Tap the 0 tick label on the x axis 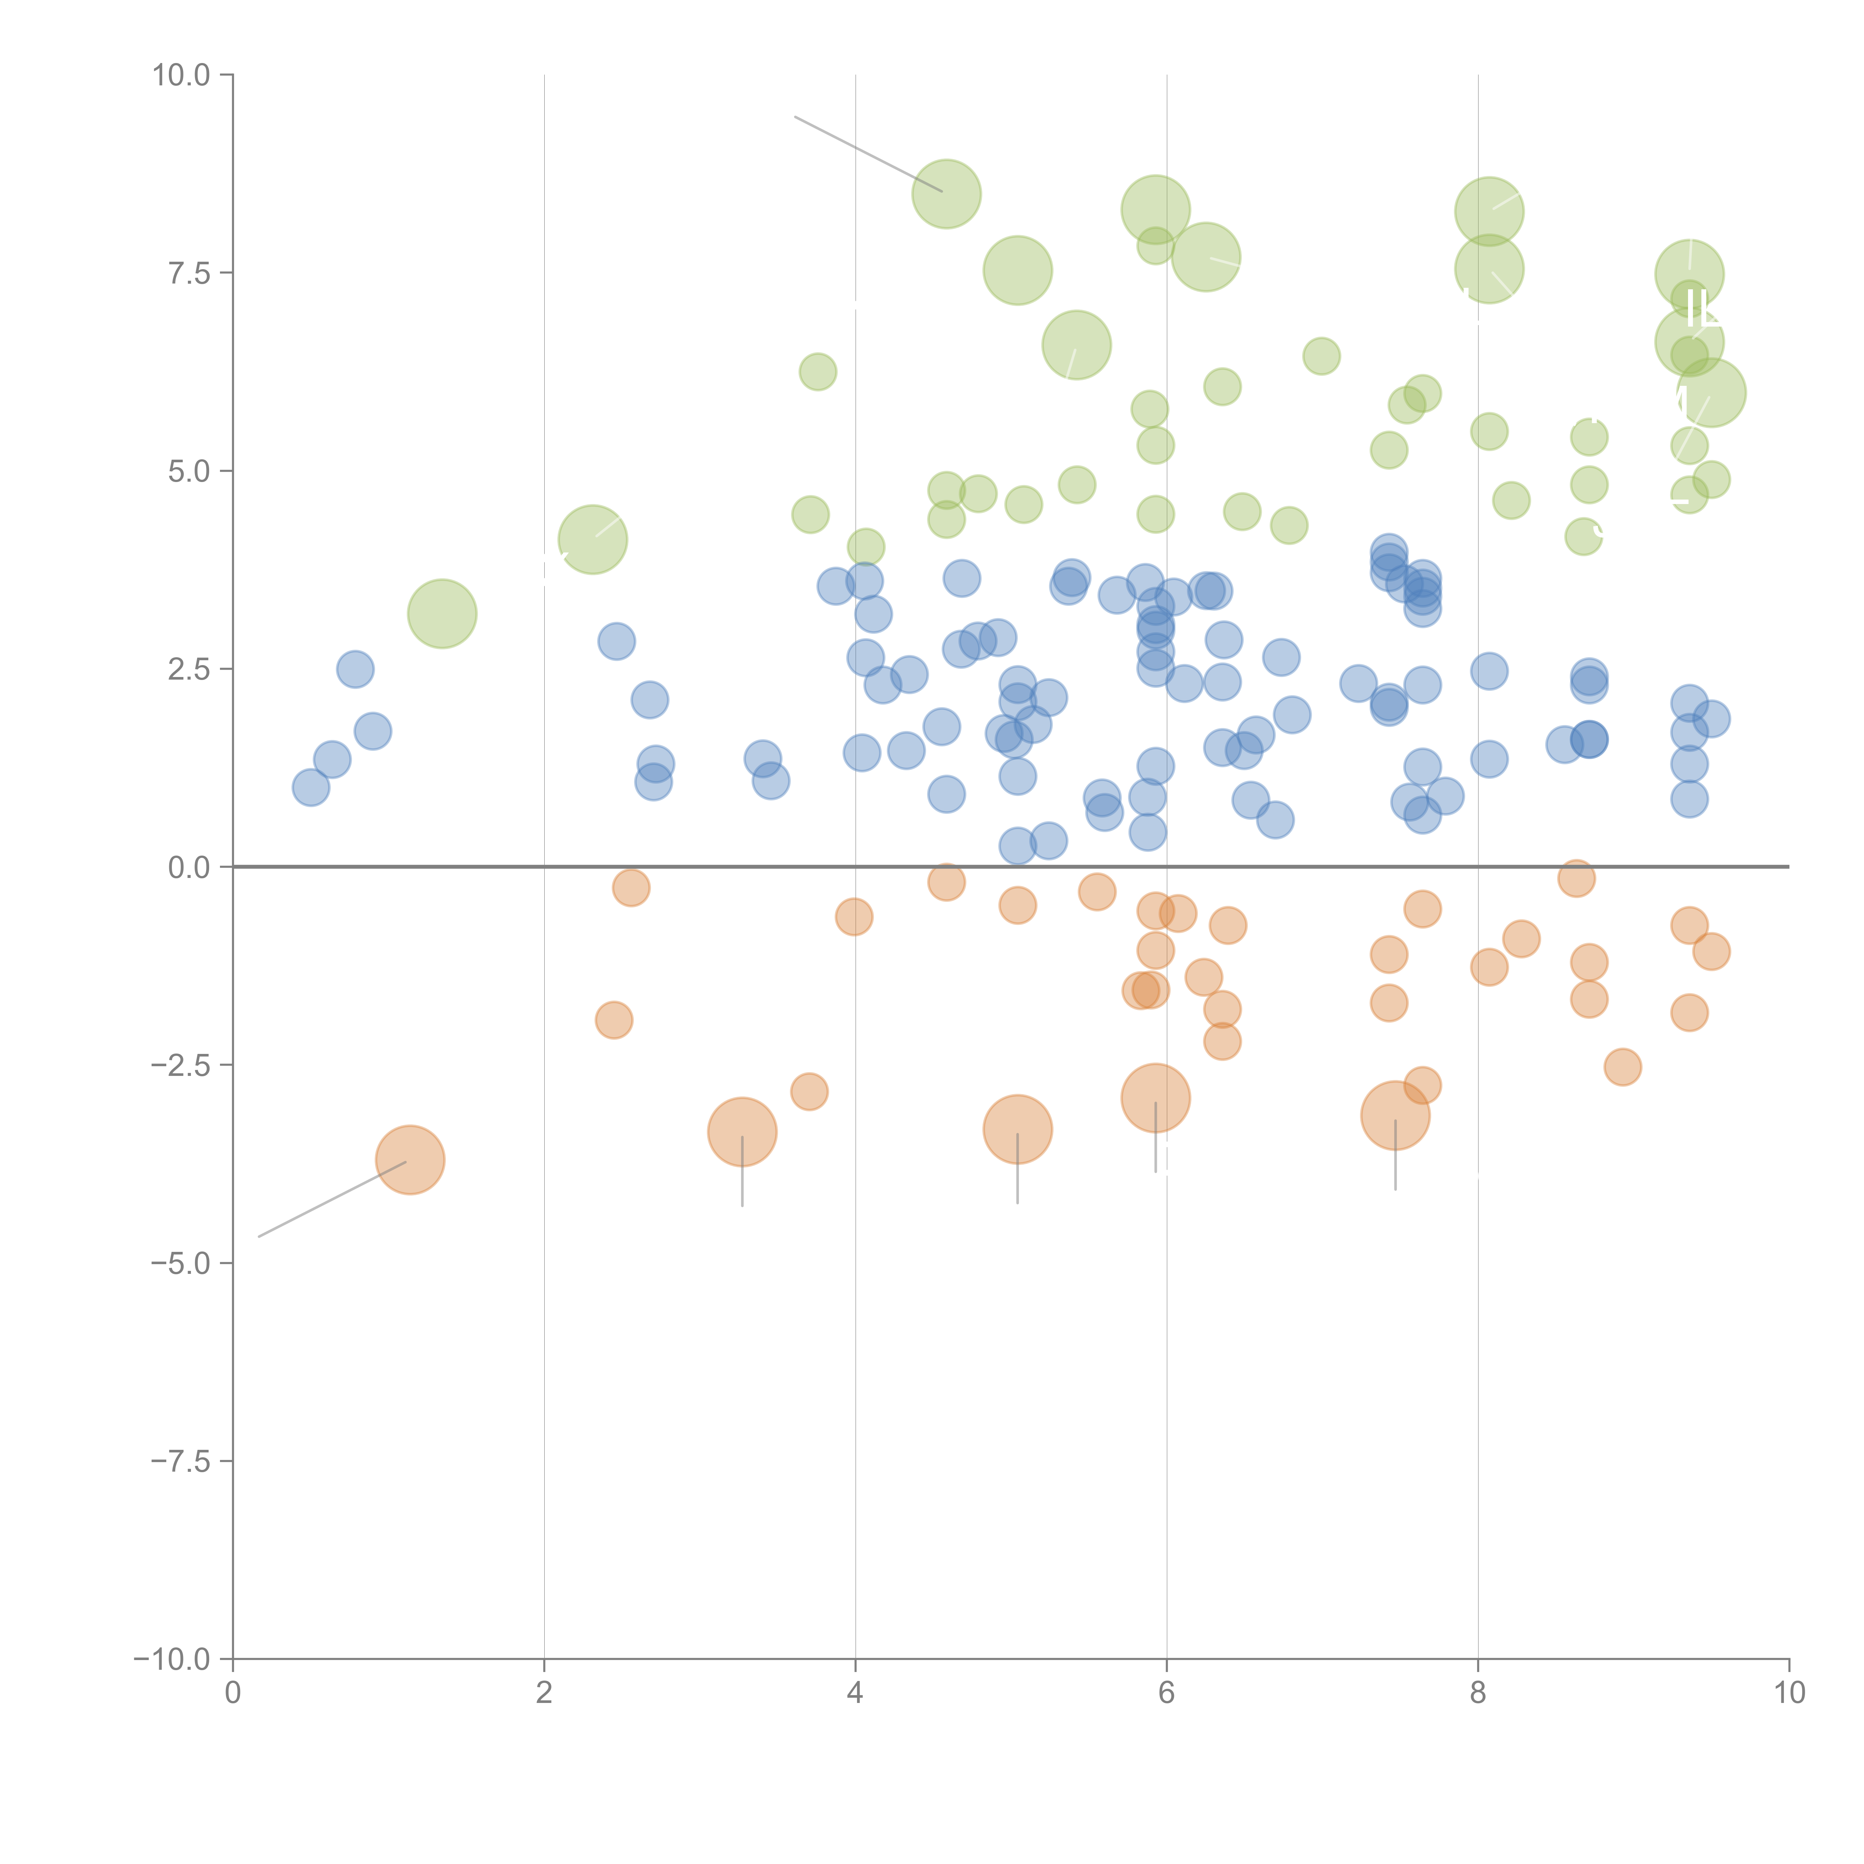233,1693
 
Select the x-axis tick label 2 544,1693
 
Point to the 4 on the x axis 855,1693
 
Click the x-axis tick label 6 1166,1693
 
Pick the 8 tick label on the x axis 1478,1693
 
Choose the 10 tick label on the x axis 1789,1693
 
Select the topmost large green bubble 947,194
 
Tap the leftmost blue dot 311,787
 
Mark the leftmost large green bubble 442,614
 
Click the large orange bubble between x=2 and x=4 742,1132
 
